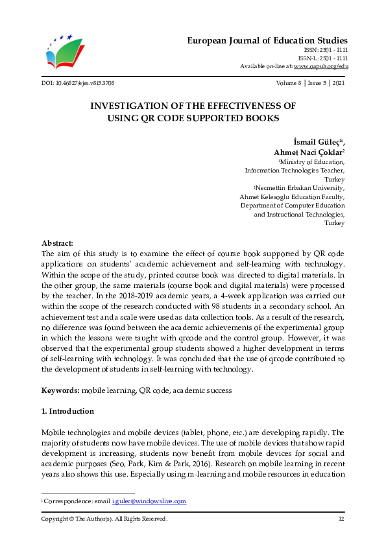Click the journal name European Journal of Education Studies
click(267, 40)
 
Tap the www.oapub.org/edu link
click(321, 66)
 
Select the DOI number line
click(78, 84)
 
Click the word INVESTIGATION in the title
click(131, 105)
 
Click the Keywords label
click(61, 391)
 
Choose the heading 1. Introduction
click(67, 411)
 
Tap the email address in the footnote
click(149, 501)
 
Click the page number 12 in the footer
click(341, 519)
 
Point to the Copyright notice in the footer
click(104, 519)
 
